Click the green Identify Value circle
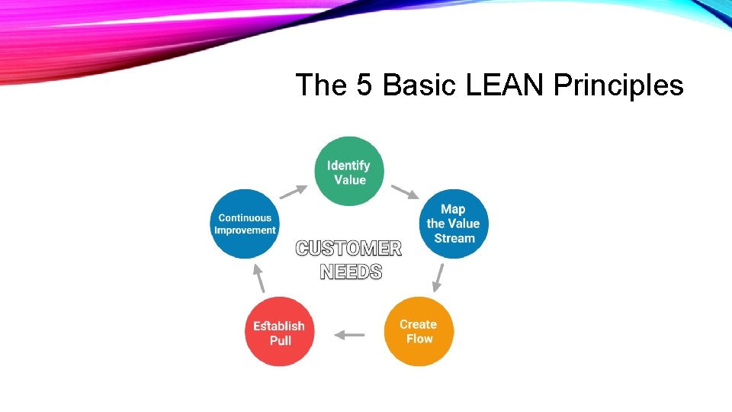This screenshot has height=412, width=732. point(349,172)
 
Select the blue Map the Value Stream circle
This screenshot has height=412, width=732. point(453,224)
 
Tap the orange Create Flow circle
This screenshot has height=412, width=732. point(419,331)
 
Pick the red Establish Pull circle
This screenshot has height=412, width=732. point(279,332)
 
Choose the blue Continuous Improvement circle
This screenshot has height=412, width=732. point(245,224)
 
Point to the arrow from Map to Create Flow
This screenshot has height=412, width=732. point(438,278)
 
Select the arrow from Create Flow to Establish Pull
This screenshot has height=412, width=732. point(350,334)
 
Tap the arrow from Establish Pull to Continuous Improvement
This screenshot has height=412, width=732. point(259,278)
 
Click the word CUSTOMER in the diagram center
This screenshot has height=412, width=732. point(348,249)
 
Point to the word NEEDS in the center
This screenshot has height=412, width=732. point(351,271)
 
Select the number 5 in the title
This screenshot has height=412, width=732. point(364,85)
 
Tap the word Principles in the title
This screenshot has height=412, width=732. point(618,85)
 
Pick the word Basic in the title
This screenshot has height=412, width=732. point(416,85)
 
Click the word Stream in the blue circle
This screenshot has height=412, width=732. point(454,238)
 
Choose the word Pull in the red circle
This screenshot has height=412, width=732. point(281,340)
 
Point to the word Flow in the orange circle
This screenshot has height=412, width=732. point(419,339)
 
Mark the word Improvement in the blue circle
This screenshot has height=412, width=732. point(245,230)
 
